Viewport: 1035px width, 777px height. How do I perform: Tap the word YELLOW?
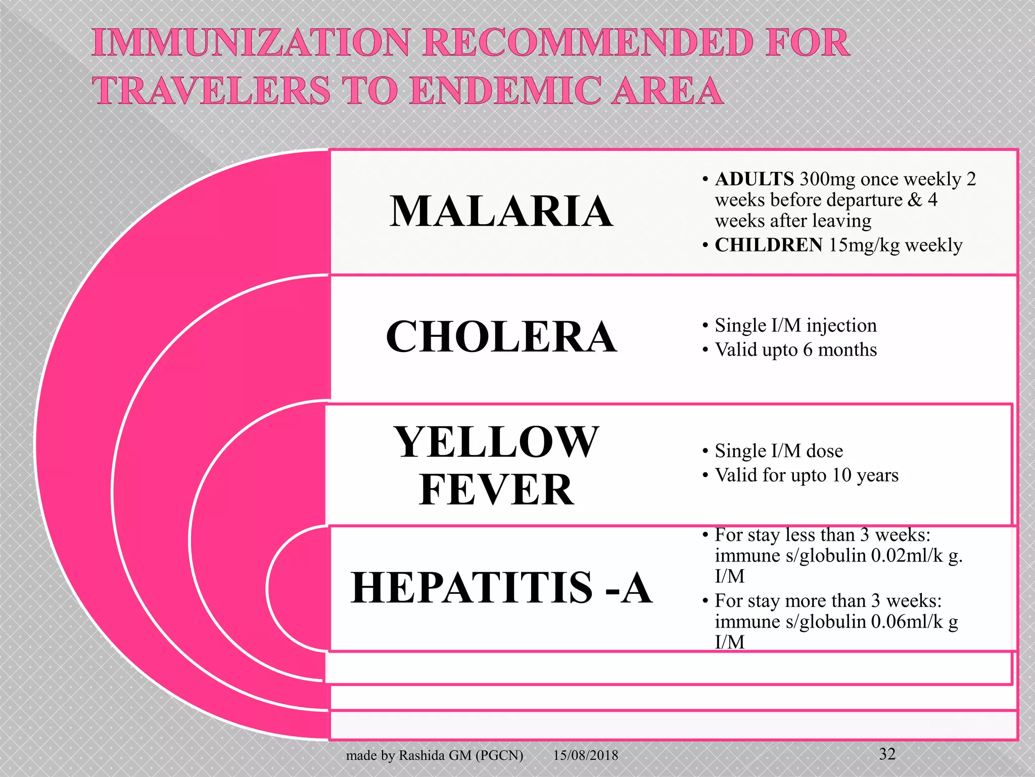coord(496,443)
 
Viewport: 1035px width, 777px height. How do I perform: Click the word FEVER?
coord(496,490)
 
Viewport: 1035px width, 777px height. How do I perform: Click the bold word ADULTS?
coord(754,179)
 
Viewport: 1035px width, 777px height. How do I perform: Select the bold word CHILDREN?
coord(768,245)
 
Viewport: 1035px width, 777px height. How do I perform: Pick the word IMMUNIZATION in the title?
coord(251,42)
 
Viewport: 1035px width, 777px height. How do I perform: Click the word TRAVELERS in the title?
coord(211,91)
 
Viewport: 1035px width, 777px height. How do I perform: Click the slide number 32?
coord(887,754)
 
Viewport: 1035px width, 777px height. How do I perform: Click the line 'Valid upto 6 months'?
coord(795,350)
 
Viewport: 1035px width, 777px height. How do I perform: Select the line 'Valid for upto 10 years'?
coord(807,476)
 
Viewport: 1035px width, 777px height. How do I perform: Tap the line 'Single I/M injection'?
coord(795,326)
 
